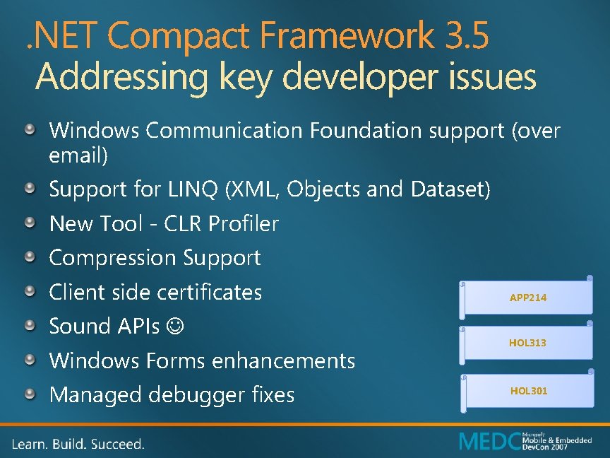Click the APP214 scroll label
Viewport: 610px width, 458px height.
(x=527, y=298)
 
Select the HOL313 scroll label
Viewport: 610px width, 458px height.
(x=527, y=343)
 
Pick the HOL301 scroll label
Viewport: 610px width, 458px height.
(x=529, y=391)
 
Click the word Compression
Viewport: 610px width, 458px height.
(x=113, y=258)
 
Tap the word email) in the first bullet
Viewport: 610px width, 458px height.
(x=78, y=155)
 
